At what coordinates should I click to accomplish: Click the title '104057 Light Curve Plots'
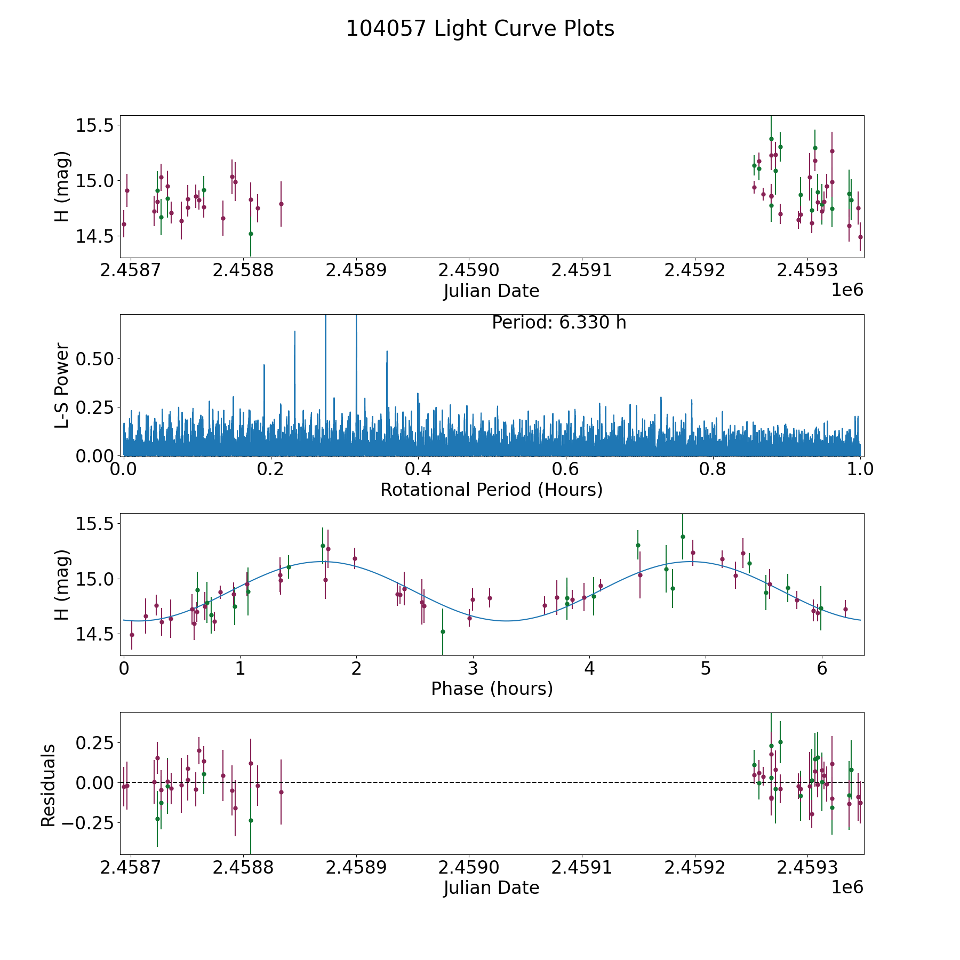[x=480, y=29]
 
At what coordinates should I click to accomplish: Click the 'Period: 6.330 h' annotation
[x=559, y=323]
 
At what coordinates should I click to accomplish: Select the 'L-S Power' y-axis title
[x=62, y=385]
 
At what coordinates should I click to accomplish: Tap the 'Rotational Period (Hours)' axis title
[x=491, y=490]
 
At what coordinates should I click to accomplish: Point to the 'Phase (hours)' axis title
[x=492, y=689]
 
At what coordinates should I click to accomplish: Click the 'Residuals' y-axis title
[x=49, y=785]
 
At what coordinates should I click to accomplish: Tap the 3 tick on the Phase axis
[x=473, y=668]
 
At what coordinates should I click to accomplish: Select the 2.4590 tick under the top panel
[x=469, y=270]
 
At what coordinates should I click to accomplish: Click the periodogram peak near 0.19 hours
[x=264, y=365]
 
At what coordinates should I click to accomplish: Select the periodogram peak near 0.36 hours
[x=387, y=351]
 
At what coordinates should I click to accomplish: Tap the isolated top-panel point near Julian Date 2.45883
[x=281, y=204]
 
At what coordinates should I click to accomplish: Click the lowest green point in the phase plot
[x=443, y=631]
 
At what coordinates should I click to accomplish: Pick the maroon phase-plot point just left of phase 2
[x=355, y=558]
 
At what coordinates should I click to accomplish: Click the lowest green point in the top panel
[x=251, y=234]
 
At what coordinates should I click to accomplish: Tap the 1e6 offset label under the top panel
[x=847, y=290]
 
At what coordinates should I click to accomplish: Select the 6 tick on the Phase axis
[x=822, y=668]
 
